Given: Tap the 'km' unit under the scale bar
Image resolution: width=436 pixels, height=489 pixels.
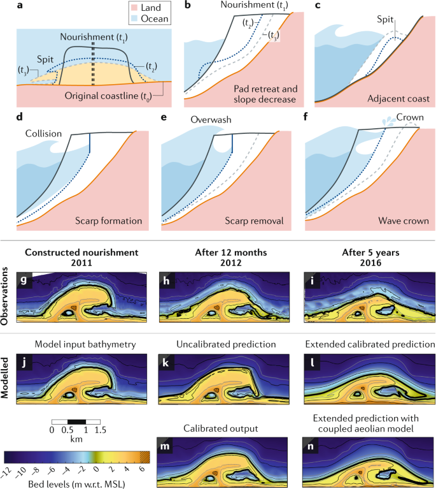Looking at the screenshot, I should point(75,440).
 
